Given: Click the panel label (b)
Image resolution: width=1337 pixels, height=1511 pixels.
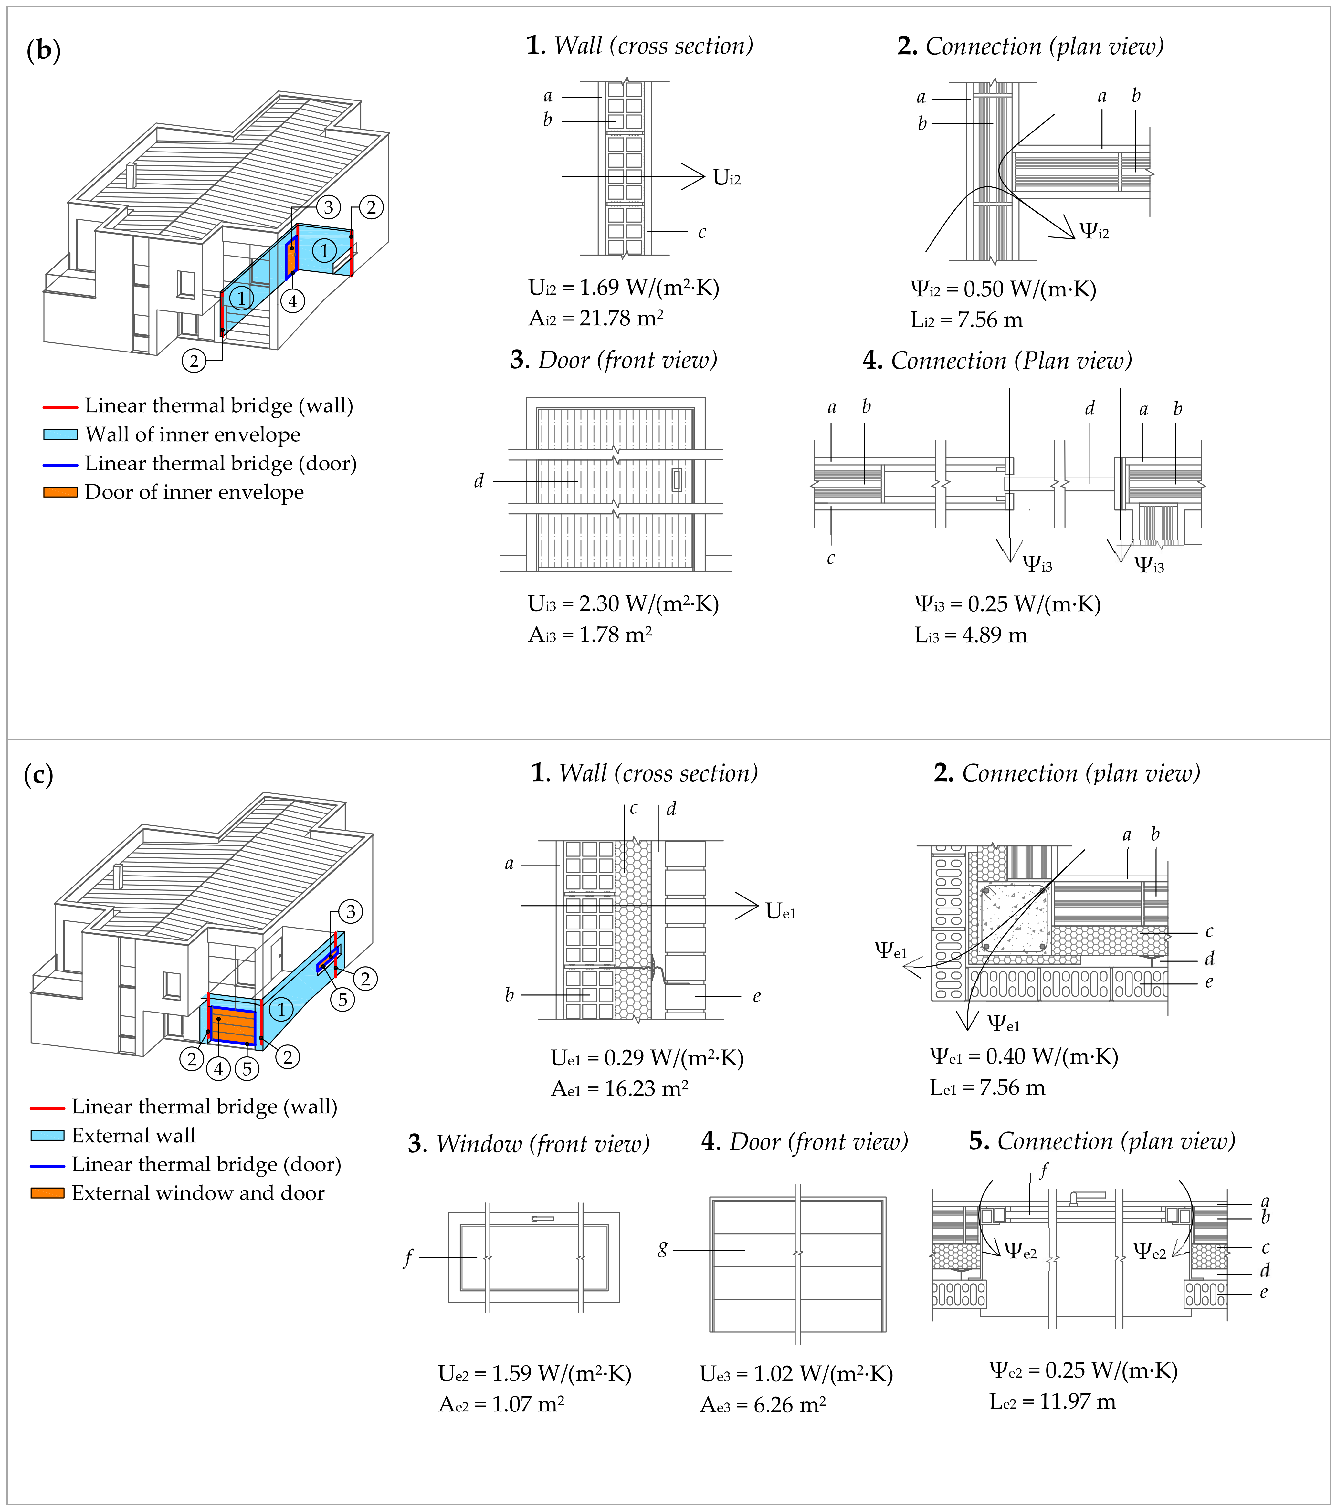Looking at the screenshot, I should pos(43,50).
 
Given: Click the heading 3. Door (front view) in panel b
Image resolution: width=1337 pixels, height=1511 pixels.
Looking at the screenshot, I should pos(614,360).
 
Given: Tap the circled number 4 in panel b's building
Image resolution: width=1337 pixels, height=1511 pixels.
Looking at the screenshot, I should pos(293,301).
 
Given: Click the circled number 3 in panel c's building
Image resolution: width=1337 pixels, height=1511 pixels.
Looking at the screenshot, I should pos(351,911).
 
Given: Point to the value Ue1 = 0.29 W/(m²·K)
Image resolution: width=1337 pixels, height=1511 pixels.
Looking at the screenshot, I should pos(646,1058).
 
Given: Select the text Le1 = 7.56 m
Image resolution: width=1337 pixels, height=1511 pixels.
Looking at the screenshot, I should pos(987,1087).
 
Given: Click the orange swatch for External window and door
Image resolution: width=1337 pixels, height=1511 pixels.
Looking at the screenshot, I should pos(47,1193).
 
